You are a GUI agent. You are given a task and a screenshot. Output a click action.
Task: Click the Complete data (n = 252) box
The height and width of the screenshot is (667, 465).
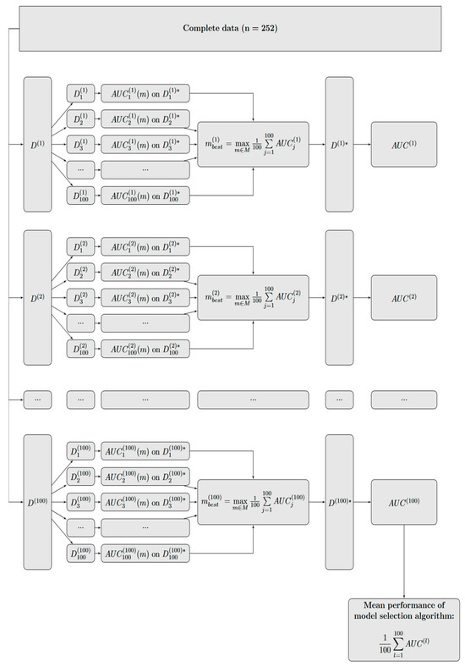[x=232, y=28]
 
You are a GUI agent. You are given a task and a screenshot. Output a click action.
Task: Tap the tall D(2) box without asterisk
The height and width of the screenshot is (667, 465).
[x=38, y=299]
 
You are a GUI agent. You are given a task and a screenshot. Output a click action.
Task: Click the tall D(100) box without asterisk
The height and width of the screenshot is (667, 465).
[x=38, y=502]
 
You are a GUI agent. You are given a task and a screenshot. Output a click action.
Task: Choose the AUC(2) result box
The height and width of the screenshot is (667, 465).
[x=403, y=299]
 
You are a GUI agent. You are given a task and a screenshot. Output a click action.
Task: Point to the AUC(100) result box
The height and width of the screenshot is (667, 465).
[x=403, y=502]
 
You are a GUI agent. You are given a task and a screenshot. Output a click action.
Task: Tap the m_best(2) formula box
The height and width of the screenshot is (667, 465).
[x=253, y=299]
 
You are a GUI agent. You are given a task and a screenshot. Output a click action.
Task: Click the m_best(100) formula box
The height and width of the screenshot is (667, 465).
[x=253, y=502]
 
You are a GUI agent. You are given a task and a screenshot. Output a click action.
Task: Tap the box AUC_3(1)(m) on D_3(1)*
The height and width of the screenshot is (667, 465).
[x=145, y=145]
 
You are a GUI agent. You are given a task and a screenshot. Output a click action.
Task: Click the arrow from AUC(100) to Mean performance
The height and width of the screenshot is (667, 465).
[x=403, y=564]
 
